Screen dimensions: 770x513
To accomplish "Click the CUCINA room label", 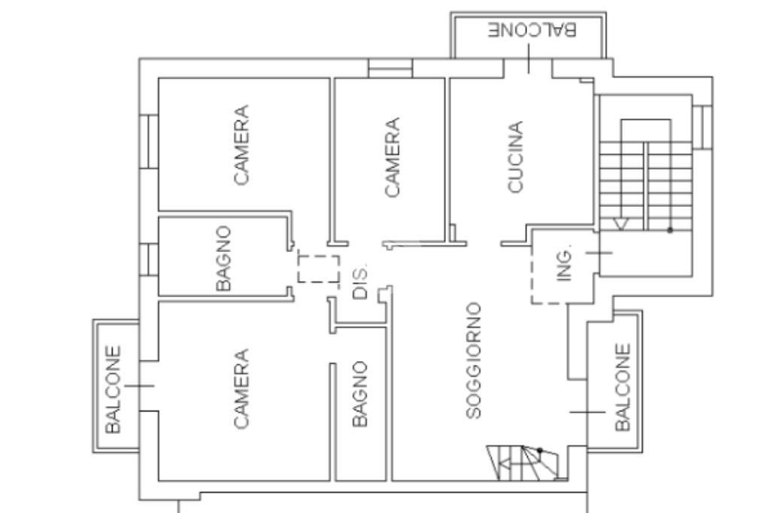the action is coord(515,157).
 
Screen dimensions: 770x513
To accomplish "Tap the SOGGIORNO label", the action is coord(474,360).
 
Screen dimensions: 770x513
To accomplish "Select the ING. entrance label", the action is coord(565,263).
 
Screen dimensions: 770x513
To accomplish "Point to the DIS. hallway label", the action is coord(360,283).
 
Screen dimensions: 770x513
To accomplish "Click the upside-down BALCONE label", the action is coord(532,29).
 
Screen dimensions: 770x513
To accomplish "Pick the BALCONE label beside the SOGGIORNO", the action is coord(623,387).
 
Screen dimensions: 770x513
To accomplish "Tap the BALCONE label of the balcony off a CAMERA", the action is coord(113,390).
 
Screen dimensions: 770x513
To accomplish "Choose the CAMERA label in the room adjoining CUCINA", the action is coord(392,157).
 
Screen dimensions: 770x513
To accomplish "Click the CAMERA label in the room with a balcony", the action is coord(241,389).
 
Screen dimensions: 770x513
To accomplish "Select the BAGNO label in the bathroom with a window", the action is coord(223,258).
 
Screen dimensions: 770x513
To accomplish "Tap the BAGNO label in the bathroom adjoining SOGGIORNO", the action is coord(360,394).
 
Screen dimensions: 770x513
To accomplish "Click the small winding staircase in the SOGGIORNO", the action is coord(523,463).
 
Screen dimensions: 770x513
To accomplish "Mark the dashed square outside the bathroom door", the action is coord(319,269).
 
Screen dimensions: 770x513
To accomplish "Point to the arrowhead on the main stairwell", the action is coord(621,225).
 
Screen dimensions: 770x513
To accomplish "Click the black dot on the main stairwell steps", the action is coord(670,230).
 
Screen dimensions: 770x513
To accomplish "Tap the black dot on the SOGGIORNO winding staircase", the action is coord(540,450).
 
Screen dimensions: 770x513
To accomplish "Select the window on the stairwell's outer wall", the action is coord(702,127).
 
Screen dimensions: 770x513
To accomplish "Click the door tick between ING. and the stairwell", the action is coord(599,253).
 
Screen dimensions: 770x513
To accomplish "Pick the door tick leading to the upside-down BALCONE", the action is coord(529,59).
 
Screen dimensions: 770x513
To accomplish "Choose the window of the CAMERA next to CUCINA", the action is coord(390,68).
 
